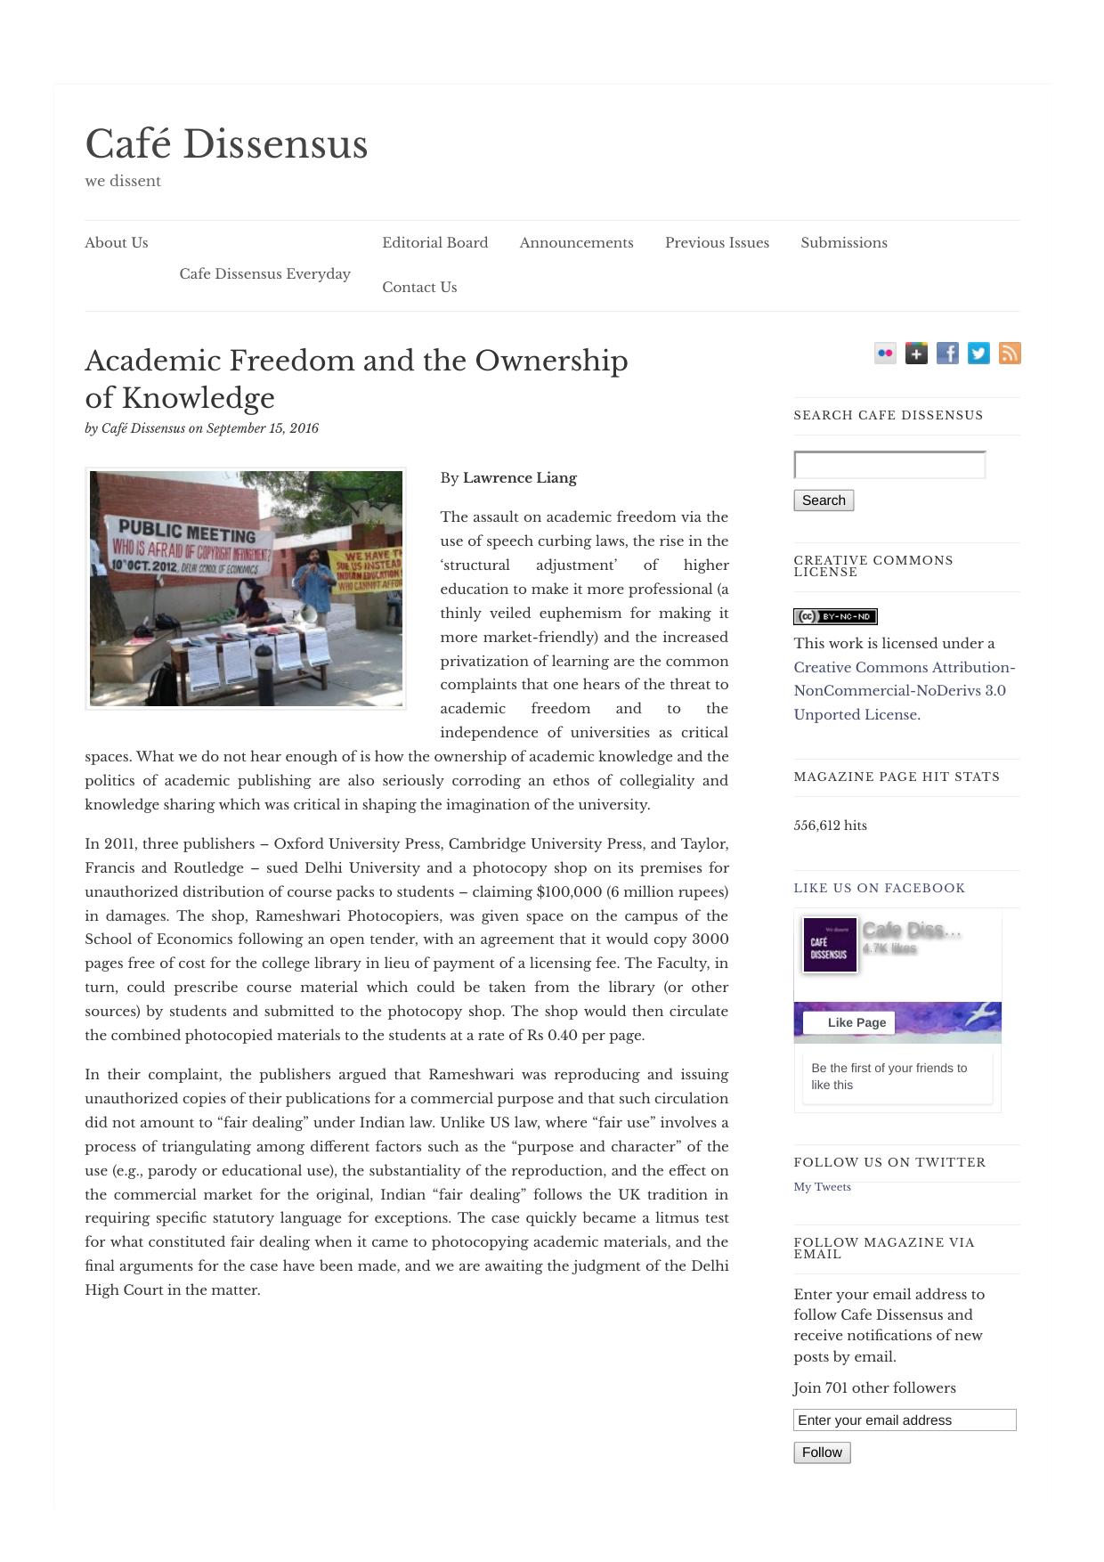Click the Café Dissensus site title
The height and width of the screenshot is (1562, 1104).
click(226, 145)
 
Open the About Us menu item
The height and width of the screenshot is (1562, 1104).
click(117, 243)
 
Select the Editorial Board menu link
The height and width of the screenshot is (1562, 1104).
click(434, 243)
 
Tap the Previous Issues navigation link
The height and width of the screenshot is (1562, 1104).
click(717, 243)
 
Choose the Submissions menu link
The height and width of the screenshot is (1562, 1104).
click(843, 243)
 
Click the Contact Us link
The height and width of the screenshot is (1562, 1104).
click(419, 288)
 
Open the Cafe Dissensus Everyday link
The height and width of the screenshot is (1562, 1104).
click(264, 274)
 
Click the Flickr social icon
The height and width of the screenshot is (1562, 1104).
click(885, 354)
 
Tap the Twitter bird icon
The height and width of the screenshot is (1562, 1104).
click(978, 354)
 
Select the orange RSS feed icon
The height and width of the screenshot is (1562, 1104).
click(1010, 354)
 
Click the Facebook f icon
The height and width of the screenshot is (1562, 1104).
click(947, 354)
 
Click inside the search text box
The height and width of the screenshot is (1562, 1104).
click(889, 465)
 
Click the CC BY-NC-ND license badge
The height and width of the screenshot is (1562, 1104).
click(835, 616)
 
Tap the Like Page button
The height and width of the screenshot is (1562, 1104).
click(849, 1022)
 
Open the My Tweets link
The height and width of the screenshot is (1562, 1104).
click(822, 1187)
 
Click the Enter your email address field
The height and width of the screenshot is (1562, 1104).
click(905, 1420)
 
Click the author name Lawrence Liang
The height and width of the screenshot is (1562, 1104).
click(519, 478)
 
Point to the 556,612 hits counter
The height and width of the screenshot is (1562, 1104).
click(830, 826)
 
